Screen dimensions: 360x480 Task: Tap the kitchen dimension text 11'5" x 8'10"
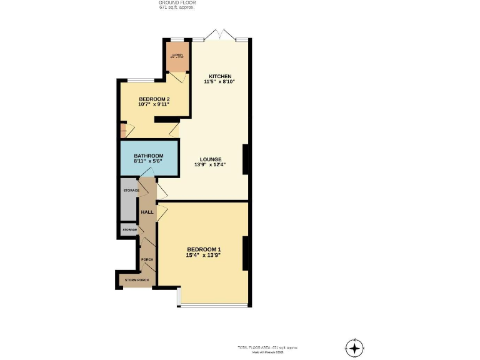(219, 82)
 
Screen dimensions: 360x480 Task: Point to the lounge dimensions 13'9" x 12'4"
(210, 165)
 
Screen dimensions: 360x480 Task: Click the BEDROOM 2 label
(154, 99)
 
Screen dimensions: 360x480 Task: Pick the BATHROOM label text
(149, 156)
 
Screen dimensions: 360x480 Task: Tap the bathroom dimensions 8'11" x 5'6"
(149, 161)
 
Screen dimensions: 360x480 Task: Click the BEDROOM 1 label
(204, 249)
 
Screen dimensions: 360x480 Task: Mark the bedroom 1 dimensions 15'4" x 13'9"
(204, 255)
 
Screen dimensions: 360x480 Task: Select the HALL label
(147, 212)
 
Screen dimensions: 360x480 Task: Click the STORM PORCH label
(136, 280)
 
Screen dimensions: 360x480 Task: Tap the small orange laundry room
(177, 57)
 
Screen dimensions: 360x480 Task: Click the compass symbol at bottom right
(354, 347)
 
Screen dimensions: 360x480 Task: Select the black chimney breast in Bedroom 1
(246, 252)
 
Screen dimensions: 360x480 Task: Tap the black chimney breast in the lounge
(246, 159)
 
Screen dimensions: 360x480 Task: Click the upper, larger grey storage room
(129, 199)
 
